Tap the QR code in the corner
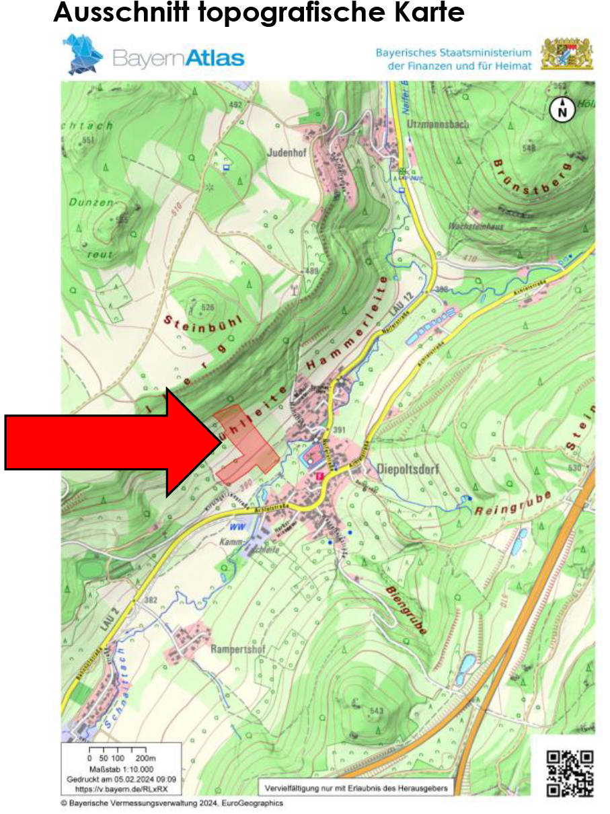[570, 774]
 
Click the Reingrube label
[513, 503]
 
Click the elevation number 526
[208, 307]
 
